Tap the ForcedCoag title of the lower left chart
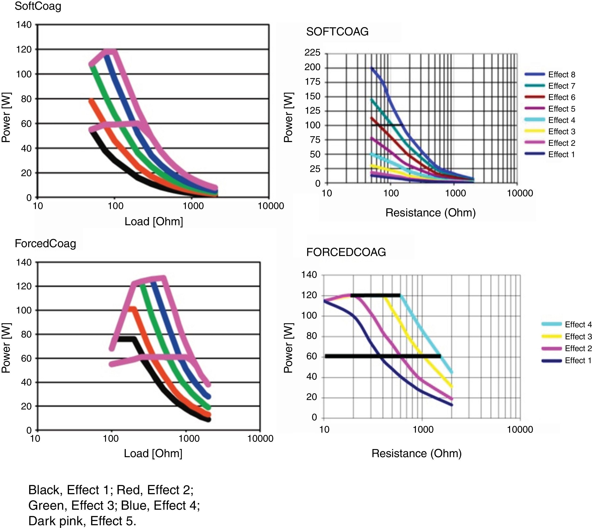tap(46, 244)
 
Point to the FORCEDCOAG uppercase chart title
tap(346, 252)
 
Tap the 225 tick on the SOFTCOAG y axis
tap(312, 53)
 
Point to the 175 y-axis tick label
tap(312, 81)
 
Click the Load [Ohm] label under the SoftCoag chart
tap(154, 221)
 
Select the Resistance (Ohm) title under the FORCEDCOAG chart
tap(417, 453)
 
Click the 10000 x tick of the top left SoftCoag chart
tap(271, 206)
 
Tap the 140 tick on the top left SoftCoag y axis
tap(24, 25)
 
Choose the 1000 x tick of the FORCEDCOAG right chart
tap(423, 429)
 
